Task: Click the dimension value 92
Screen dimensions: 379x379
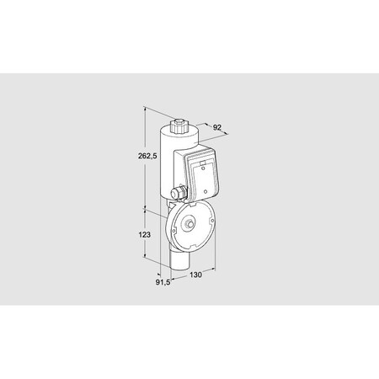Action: pos(217,128)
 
